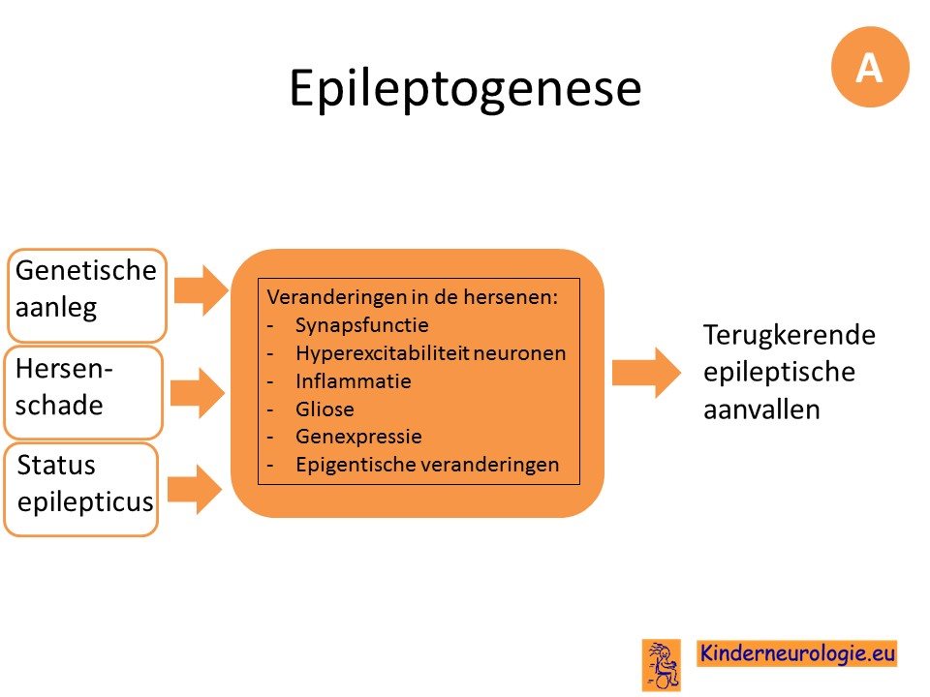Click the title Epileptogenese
[465, 89]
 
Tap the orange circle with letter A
[870, 67]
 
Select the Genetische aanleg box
[86, 295]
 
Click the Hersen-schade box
[83, 392]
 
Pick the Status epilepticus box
[81, 490]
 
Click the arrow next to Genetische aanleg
[201, 290]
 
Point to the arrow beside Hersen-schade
[198, 392]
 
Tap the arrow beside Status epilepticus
[195, 489]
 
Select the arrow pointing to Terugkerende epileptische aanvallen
[646, 373]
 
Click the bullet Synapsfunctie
[361, 325]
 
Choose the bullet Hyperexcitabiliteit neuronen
[430, 353]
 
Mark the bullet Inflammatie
[354, 380]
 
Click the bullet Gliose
[325, 409]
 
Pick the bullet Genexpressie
[358, 437]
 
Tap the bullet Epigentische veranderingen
[427, 465]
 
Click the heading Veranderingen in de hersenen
[413, 297]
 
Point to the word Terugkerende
[790, 336]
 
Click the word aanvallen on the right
[761, 409]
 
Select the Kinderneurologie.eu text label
[797, 653]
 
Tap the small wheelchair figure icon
[662, 665]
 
